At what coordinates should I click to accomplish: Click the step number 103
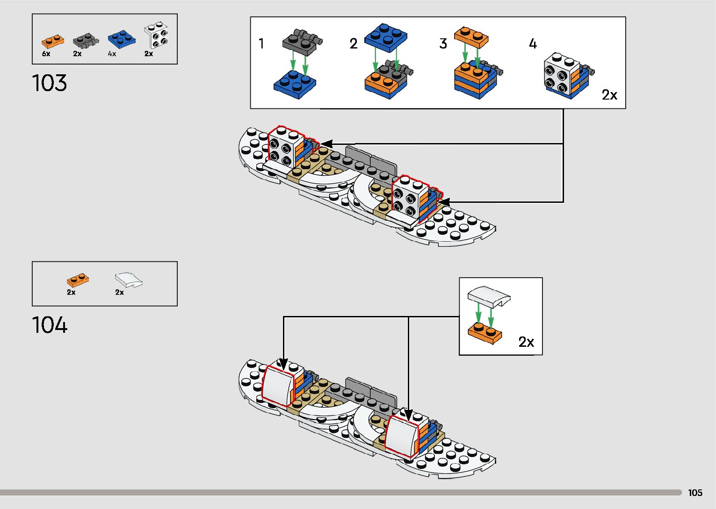50,83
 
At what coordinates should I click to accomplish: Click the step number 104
50,325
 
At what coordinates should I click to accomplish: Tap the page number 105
695,493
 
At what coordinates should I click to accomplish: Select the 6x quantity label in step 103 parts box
46,54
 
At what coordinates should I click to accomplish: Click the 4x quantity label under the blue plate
112,54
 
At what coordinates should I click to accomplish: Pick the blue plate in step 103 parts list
121,39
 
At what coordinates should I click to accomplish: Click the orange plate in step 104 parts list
78,280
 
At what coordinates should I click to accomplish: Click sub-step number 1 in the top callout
261,44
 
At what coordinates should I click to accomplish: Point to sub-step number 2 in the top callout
354,44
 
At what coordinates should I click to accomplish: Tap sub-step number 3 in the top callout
443,44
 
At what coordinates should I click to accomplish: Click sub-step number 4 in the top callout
533,44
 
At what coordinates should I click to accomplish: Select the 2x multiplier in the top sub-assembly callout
609,95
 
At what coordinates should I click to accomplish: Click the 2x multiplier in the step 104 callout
526,342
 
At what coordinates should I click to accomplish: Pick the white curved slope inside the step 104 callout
489,297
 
